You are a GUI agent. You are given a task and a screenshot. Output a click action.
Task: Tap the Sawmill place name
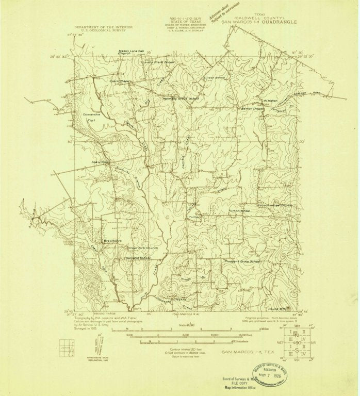point(96,161)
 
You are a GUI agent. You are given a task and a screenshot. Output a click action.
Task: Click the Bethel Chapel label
point(253,109)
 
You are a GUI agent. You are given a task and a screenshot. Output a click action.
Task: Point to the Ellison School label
point(214,78)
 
